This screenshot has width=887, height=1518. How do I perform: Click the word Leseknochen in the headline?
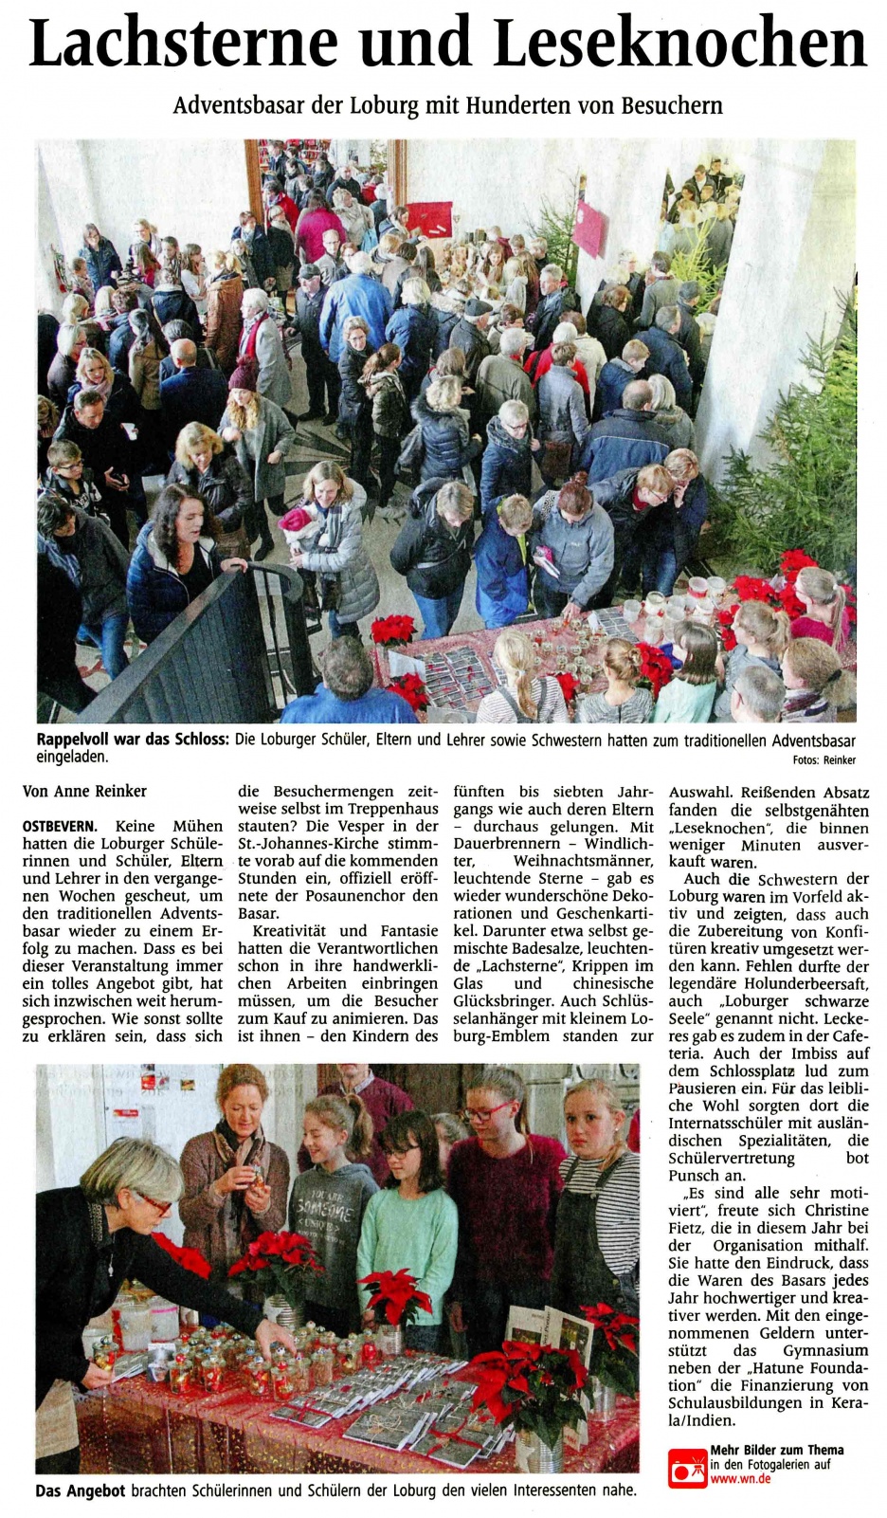pos(680,43)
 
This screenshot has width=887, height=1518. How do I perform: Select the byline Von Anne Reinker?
pos(84,791)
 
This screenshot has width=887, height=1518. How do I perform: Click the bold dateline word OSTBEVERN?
pos(59,827)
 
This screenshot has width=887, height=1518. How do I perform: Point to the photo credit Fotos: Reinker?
pos(824,759)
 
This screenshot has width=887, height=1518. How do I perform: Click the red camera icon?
pos(686,1467)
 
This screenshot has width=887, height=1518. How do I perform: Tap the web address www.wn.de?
pos(740,1479)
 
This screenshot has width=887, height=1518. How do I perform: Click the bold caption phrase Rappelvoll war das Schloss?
pos(133,741)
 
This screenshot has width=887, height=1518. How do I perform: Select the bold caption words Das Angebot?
pos(81,1491)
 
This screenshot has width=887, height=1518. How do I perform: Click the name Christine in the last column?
pos(836,1211)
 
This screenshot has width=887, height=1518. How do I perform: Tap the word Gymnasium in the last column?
pos(824,1350)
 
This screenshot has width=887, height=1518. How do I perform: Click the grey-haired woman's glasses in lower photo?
pos(155,1204)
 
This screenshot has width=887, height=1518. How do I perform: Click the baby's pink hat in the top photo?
pos(295,518)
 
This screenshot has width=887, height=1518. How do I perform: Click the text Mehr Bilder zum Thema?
pos(776,1450)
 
